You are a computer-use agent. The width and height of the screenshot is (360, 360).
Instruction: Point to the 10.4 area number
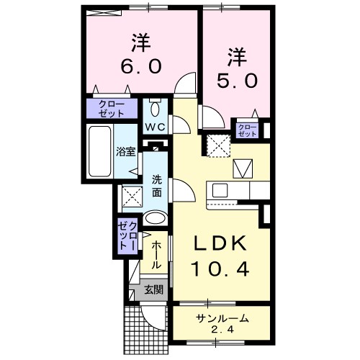pyautogui.click(x=221, y=270)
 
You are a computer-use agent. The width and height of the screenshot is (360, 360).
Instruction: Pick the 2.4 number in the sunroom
pyautogui.click(x=222, y=330)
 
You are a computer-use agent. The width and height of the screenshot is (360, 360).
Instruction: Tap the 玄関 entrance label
pyautogui.click(x=153, y=290)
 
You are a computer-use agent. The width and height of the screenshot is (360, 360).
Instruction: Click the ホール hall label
pyautogui.click(x=155, y=254)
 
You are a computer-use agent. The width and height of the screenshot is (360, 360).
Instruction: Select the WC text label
pyautogui.click(x=156, y=127)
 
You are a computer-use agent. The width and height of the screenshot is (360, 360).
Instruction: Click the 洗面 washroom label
pyautogui.click(x=156, y=186)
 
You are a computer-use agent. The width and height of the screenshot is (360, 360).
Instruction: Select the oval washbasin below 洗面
pyautogui.click(x=155, y=219)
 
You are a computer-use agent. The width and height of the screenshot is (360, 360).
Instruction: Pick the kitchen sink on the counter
pyautogui.click(x=219, y=191)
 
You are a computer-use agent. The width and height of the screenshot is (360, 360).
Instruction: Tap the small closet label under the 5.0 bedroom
pyautogui.click(x=247, y=130)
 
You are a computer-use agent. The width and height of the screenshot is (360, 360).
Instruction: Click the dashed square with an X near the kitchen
pyautogui.click(x=217, y=145)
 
